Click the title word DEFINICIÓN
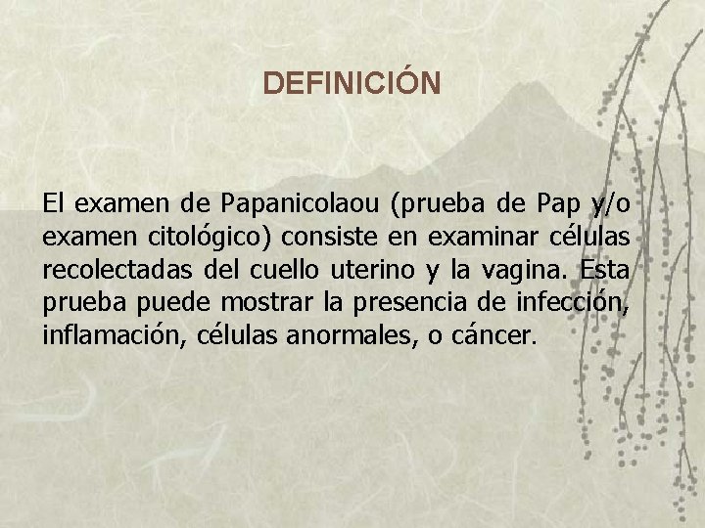click(352, 83)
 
